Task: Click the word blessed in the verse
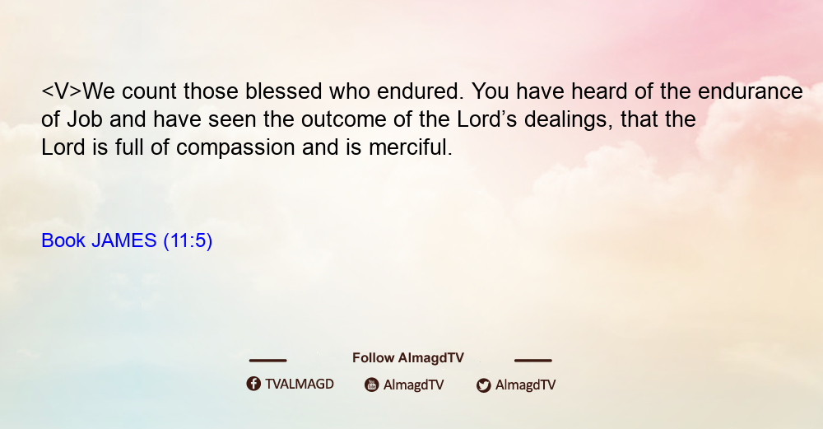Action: pyautogui.click(x=283, y=91)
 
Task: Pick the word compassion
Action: pyautogui.click(x=235, y=148)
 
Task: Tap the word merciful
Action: pyautogui.click(x=410, y=147)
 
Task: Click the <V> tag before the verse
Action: pyautogui.click(x=62, y=91)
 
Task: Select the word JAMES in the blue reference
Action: pyautogui.click(x=124, y=240)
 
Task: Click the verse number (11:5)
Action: pyautogui.click(x=188, y=241)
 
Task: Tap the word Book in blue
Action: pyautogui.click(x=63, y=240)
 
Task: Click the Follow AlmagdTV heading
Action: pyautogui.click(x=408, y=358)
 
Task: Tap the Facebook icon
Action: pyautogui.click(x=253, y=384)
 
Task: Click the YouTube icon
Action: pyautogui.click(x=372, y=385)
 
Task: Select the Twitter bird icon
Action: pyautogui.click(x=483, y=385)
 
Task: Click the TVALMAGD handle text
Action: pyautogui.click(x=300, y=385)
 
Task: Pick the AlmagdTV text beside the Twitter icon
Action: pyautogui.click(x=525, y=385)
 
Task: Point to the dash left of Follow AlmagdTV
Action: pyautogui.click(x=267, y=360)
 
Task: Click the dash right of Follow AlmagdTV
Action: pyautogui.click(x=533, y=360)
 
